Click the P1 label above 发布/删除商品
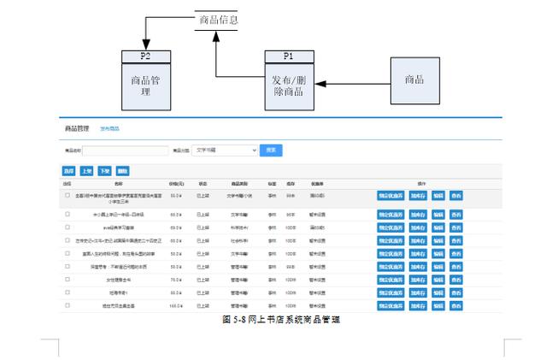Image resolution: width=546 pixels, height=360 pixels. tap(288, 56)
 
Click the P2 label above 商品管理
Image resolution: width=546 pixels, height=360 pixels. tap(145, 56)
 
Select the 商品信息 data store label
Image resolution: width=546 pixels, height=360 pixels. tap(218, 20)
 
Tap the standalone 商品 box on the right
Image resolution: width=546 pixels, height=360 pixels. tap(414, 80)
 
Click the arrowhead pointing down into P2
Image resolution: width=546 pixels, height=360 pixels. tap(145, 44)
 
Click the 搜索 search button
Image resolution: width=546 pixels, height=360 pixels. tap(271, 150)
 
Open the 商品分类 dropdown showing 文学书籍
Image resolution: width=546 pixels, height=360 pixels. tap(226, 150)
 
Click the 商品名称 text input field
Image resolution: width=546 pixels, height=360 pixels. tap(119, 150)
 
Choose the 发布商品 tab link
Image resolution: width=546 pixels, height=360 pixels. tap(109, 128)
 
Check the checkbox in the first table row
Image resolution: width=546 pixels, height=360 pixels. tap(68, 195)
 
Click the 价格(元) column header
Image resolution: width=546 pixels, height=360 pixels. tap(177, 183)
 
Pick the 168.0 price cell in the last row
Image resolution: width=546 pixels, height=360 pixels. tap(176, 304)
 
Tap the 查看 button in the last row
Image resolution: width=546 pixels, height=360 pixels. tap(456, 304)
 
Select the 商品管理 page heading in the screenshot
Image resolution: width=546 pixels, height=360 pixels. tap(77, 128)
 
